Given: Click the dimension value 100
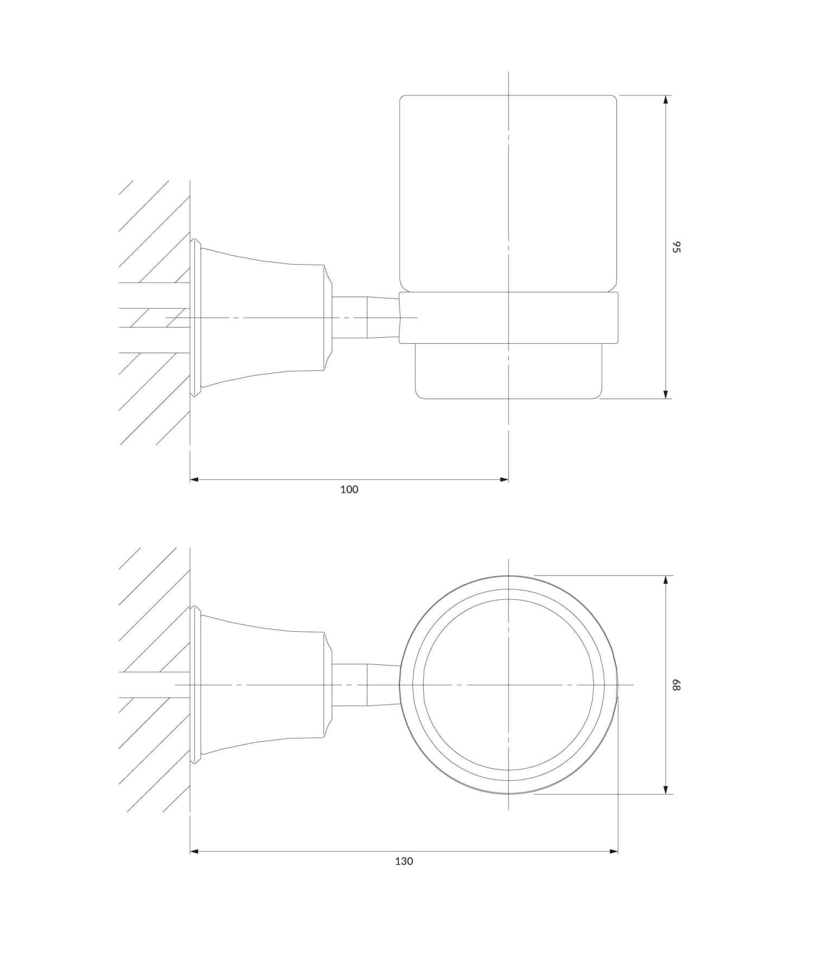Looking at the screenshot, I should click(349, 490).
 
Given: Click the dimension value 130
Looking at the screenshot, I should click(404, 861).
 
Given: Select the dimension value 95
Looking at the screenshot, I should click(676, 247).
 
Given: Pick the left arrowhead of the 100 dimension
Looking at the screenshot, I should click(195, 479).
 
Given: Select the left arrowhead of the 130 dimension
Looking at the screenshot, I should click(195, 851).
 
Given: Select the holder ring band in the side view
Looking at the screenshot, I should click(508, 318).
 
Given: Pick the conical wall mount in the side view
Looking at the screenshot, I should click(260, 318).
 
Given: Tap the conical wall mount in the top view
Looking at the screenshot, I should click(260, 685).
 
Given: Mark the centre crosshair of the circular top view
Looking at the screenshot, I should click(508, 685).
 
